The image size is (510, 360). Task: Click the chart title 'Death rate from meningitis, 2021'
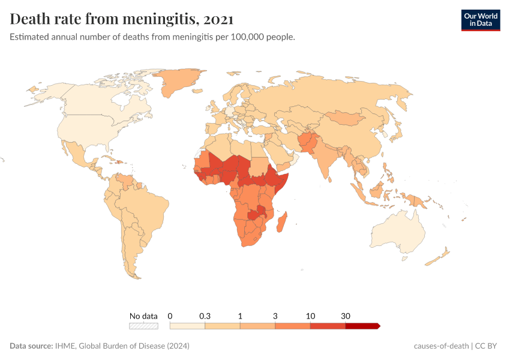[x=122, y=19]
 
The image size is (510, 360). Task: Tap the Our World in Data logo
[x=481, y=19]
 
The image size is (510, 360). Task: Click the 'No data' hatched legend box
[x=143, y=326]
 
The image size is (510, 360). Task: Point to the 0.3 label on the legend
[x=205, y=316]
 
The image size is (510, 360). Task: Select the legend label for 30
[x=346, y=316]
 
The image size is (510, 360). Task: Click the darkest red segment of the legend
[x=362, y=326]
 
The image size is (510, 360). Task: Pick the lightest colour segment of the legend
[x=187, y=326]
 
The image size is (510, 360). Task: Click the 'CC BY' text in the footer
[x=488, y=346]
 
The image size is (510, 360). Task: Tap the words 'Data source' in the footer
[x=31, y=346]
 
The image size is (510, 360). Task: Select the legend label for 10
[x=310, y=316]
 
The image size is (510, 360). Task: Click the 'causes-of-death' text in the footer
[x=441, y=346]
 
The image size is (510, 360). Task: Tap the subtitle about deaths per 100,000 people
[x=152, y=37]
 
